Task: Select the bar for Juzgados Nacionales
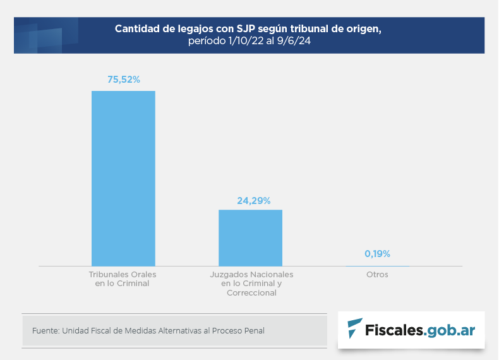[250, 237]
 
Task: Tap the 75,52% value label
[124, 80]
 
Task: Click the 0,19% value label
[378, 254]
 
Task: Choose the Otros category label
[377, 275]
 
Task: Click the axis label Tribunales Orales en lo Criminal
[122, 279]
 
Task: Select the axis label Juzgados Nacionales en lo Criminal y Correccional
[251, 284]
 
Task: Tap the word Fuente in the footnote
[44, 330]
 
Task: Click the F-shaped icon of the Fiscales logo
[355, 328]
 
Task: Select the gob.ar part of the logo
[451, 329]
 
